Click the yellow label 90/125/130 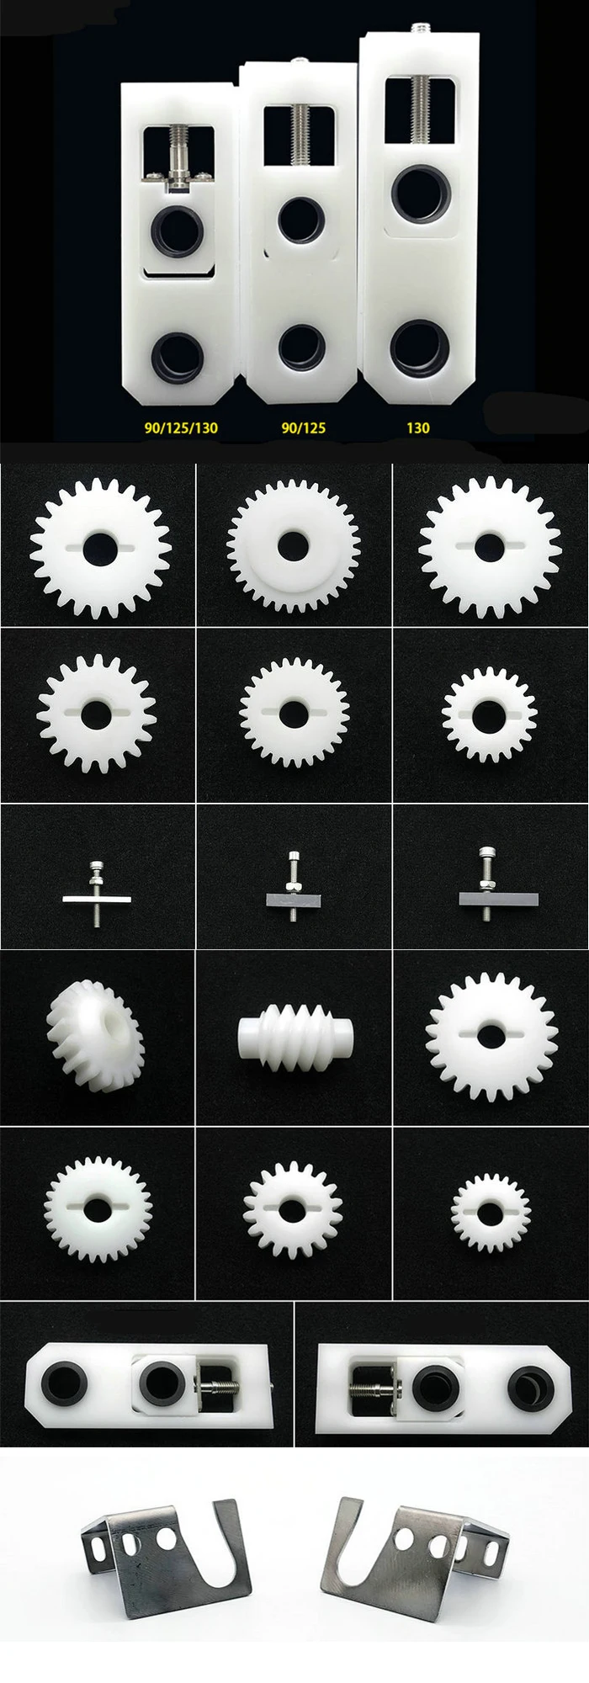[181, 427]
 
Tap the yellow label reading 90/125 [303, 427]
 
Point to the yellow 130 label [417, 427]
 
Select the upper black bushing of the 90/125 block [300, 220]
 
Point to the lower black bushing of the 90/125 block [300, 346]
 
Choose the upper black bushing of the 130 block [419, 193]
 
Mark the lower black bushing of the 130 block [418, 346]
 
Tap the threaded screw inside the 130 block [418, 119]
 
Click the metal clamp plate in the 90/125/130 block [178, 175]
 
